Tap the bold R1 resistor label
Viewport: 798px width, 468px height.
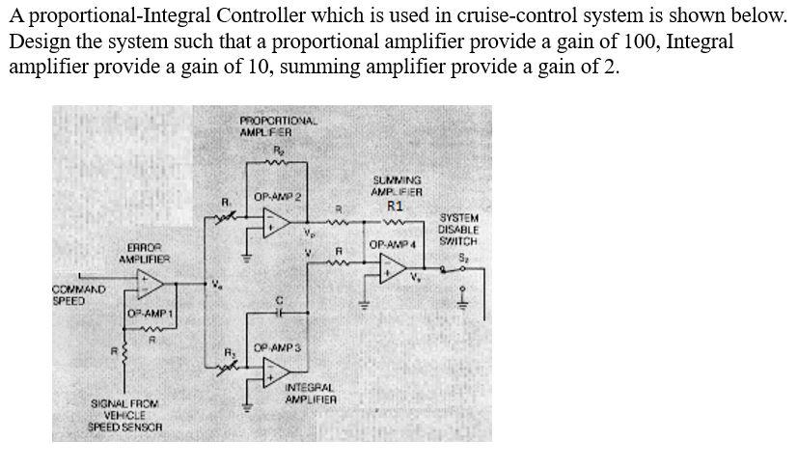click(x=395, y=206)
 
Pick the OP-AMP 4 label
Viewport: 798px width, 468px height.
click(x=391, y=244)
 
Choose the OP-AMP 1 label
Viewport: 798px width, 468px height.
click(x=150, y=315)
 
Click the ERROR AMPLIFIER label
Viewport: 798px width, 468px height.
click(x=144, y=253)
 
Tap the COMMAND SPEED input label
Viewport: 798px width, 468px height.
click(x=79, y=294)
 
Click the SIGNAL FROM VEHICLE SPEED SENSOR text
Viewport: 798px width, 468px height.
click(x=124, y=414)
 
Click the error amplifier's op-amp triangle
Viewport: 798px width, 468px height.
click(x=151, y=283)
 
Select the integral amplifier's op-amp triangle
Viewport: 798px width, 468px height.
click(x=278, y=370)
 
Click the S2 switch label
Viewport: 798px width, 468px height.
click(x=460, y=257)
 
